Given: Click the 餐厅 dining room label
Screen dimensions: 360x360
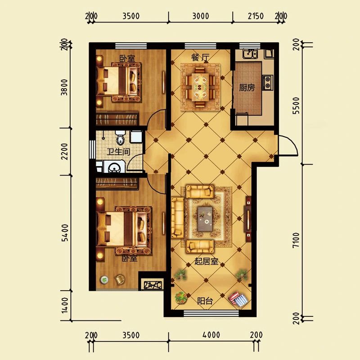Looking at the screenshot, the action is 200,58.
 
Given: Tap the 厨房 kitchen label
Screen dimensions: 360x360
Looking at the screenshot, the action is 247,87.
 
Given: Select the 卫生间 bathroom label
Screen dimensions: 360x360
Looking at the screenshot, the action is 118,152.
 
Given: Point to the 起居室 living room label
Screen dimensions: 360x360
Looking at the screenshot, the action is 206,261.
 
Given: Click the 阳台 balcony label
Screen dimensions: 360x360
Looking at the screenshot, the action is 205,301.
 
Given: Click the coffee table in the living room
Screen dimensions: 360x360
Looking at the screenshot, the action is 205,219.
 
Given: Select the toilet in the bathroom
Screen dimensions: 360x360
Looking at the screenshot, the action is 120,137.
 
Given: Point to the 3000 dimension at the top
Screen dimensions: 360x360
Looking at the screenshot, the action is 200,16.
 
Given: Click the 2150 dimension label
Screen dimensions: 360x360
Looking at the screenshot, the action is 256,16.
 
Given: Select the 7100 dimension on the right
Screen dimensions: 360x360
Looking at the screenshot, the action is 296,240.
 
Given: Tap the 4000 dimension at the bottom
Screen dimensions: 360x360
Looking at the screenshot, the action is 211,335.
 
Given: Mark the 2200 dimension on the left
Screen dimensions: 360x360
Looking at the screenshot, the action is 65,152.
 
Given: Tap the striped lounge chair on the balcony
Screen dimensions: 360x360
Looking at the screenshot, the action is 238,299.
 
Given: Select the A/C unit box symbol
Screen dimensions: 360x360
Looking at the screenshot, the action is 153,285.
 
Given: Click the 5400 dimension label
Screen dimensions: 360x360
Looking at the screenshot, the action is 65,233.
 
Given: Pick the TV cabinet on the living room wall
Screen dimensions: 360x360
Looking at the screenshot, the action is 248,218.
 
